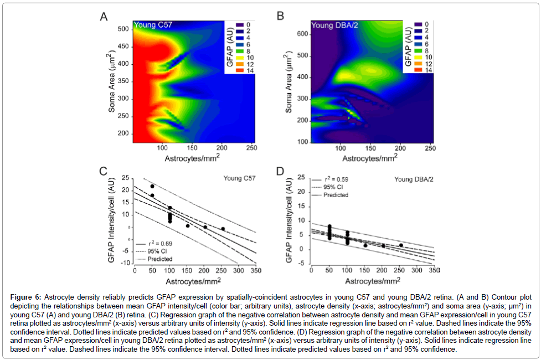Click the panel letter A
coord(103,17)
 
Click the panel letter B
coord(280,17)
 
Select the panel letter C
coord(103,171)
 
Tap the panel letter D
coord(280,171)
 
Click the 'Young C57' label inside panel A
coord(150,25)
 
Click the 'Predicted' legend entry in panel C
coord(159,259)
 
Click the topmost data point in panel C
coord(152,186)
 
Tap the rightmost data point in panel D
coord(401,245)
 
